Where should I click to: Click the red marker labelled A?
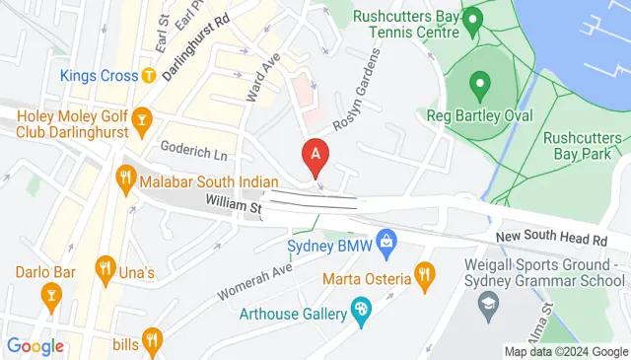[x=315, y=155]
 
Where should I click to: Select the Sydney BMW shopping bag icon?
[x=388, y=239]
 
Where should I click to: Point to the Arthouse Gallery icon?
[x=361, y=314]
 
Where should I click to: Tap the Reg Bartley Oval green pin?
[x=480, y=83]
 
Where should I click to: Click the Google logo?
[x=35, y=345]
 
